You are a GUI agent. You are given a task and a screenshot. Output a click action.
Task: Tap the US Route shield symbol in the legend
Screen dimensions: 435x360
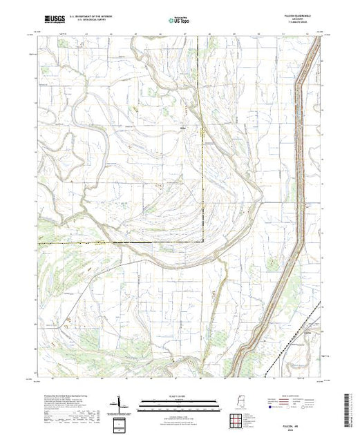(x=286, y=407)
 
